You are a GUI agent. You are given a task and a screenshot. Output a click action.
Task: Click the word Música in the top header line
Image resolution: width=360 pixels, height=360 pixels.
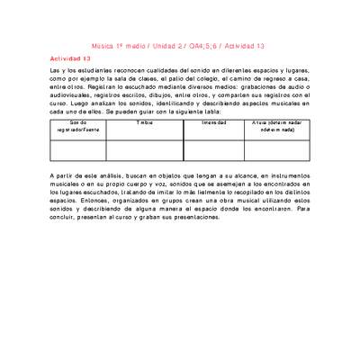coord(106,45)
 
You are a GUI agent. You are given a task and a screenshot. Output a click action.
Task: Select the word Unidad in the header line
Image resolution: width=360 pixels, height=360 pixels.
coord(165,45)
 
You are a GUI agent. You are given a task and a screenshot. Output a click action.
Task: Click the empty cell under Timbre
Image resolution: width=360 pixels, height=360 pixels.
coord(145,149)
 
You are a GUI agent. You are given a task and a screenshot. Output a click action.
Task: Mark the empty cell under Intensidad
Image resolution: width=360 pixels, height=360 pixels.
coord(214,149)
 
